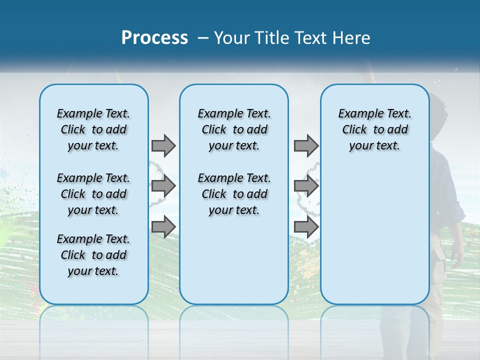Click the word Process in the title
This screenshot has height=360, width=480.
coord(154,38)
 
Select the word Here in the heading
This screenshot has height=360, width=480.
coord(349,38)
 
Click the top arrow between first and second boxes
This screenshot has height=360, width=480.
coord(163,145)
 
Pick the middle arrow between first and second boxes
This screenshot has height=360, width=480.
coord(163,186)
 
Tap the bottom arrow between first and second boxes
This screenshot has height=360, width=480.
coord(163,227)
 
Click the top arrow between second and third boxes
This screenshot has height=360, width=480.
coord(306,145)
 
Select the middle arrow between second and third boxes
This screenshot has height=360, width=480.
coord(306,186)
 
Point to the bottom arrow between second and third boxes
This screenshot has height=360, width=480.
coord(306,227)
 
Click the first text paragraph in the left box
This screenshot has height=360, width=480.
coord(93,129)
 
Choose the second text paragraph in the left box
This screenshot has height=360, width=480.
coord(93,194)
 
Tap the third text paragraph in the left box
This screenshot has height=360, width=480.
coord(93,255)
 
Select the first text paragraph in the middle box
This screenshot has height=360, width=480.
coord(234,129)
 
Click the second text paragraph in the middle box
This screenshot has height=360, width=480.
coord(234,194)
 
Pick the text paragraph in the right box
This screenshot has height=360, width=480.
coord(374,129)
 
